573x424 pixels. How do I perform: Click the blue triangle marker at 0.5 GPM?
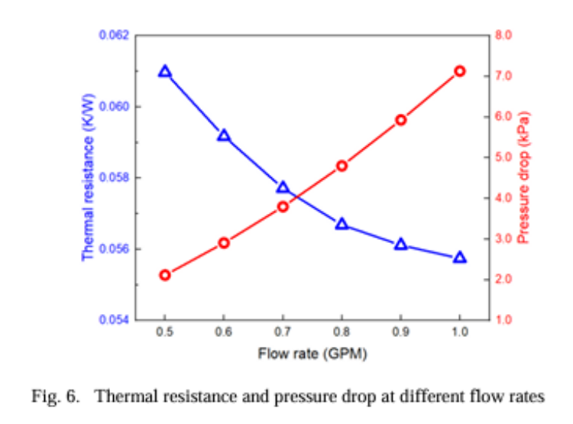pyautogui.click(x=164, y=71)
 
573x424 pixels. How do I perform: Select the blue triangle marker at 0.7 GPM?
pyautogui.click(x=283, y=187)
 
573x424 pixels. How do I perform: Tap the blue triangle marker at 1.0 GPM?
pyautogui.click(x=460, y=257)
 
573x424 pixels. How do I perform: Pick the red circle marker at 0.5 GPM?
pyautogui.click(x=164, y=275)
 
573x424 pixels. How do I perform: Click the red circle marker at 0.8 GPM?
pyautogui.click(x=342, y=166)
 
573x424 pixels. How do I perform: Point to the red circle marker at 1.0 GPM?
pyautogui.click(x=460, y=71)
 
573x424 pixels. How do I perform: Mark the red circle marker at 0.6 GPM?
pyautogui.click(x=224, y=243)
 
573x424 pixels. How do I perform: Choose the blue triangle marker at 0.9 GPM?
pyautogui.click(x=401, y=244)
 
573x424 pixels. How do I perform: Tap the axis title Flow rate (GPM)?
pyautogui.click(x=312, y=354)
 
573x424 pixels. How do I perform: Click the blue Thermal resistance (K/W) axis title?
pyautogui.click(x=89, y=178)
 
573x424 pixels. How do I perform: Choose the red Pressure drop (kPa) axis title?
pyautogui.click(x=524, y=178)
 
